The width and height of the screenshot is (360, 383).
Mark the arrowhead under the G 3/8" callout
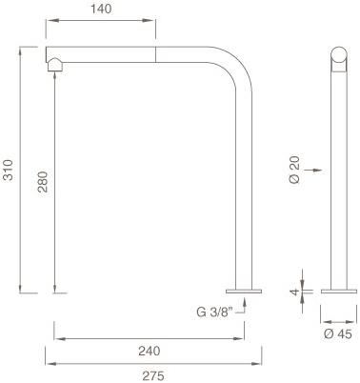pos(247,299)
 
